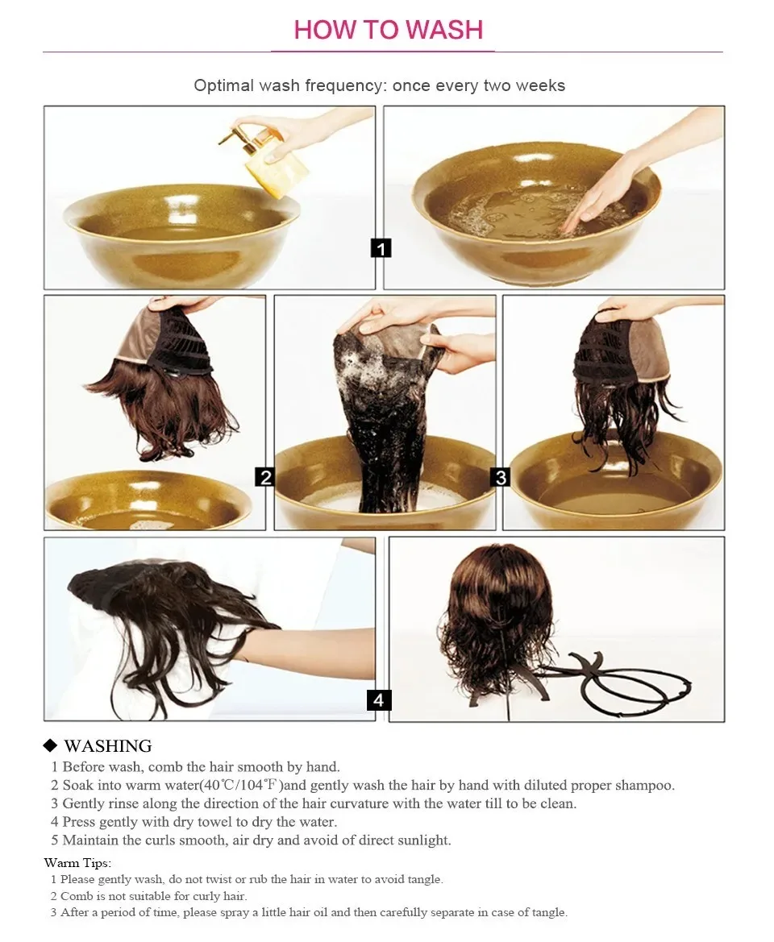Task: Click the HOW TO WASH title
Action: [x=388, y=30]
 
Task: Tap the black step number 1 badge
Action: [x=381, y=247]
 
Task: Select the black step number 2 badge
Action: [x=264, y=477]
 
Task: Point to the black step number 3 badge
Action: [x=501, y=477]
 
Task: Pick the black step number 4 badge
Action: [x=379, y=699]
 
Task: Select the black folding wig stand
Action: [x=621, y=681]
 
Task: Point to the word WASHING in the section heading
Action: [x=108, y=746]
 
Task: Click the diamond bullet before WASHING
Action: [x=51, y=746]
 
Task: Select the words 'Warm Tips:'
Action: [x=77, y=863]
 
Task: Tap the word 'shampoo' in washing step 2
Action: [x=645, y=785]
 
